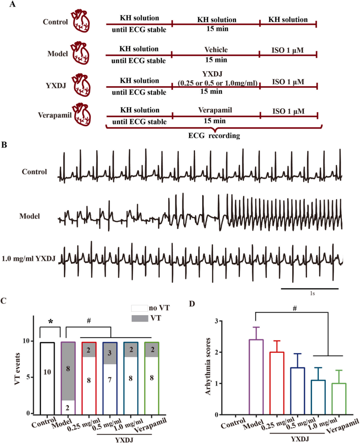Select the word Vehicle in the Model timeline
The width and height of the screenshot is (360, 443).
[216, 50]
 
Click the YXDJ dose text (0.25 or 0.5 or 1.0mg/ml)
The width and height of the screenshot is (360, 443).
[217, 83]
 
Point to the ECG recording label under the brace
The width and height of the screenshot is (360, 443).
[214, 136]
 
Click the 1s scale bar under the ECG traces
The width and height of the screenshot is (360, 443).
[310, 289]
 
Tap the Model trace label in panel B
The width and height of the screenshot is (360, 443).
[30, 216]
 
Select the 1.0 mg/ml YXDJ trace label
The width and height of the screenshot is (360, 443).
[29, 259]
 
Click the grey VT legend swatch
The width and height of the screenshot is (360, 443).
[140, 318]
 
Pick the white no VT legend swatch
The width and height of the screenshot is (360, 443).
[139, 308]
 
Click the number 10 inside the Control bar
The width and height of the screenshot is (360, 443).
[47, 372]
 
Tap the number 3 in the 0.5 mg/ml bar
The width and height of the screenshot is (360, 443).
[110, 353]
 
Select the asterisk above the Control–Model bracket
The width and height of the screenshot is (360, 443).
[51, 322]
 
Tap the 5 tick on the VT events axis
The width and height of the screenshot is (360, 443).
[28, 377]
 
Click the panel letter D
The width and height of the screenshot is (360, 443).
[192, 304]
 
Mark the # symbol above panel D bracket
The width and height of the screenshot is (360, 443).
[295, 309]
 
